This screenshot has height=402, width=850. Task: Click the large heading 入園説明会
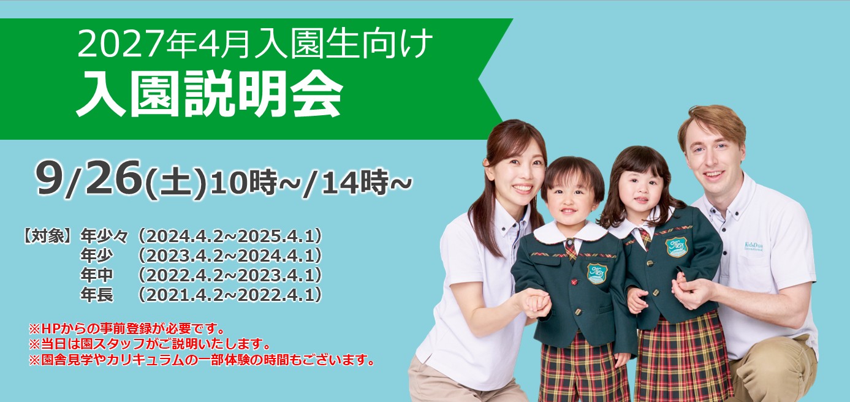[210, 93]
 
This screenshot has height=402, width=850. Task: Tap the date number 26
[113, 178]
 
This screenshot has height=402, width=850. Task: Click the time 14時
[354, 182]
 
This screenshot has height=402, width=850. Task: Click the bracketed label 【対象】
[47, 236]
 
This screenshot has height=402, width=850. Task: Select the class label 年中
[96, 275]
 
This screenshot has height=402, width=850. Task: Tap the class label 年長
[96, 295]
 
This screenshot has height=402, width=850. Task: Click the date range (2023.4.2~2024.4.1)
[230, 256]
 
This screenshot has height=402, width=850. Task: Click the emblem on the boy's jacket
[597, 273]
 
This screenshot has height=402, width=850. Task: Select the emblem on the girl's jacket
[677, 247]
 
